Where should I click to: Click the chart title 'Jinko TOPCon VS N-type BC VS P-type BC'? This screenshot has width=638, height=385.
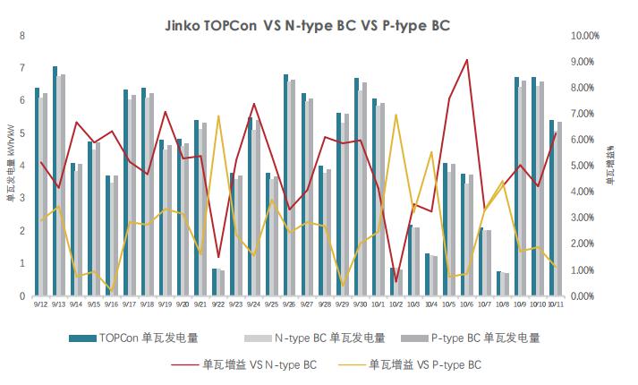tap(319, 26)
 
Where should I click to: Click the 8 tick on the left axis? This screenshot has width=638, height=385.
tap(22, 36)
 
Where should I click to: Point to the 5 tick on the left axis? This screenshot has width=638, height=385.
tap(22, 133)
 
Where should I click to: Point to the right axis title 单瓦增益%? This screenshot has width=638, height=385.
tap(610, 167)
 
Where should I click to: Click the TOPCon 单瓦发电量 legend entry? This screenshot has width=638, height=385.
tap(134, 338)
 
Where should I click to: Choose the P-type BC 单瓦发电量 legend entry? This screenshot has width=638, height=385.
tap(487, 338)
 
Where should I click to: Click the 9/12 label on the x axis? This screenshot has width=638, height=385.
tap(41, 304)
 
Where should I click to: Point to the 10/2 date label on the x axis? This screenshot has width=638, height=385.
tap(396, 304)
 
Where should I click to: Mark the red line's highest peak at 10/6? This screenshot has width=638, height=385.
tap(467, 60)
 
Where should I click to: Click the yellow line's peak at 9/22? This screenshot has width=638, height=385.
tap(219, 116)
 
